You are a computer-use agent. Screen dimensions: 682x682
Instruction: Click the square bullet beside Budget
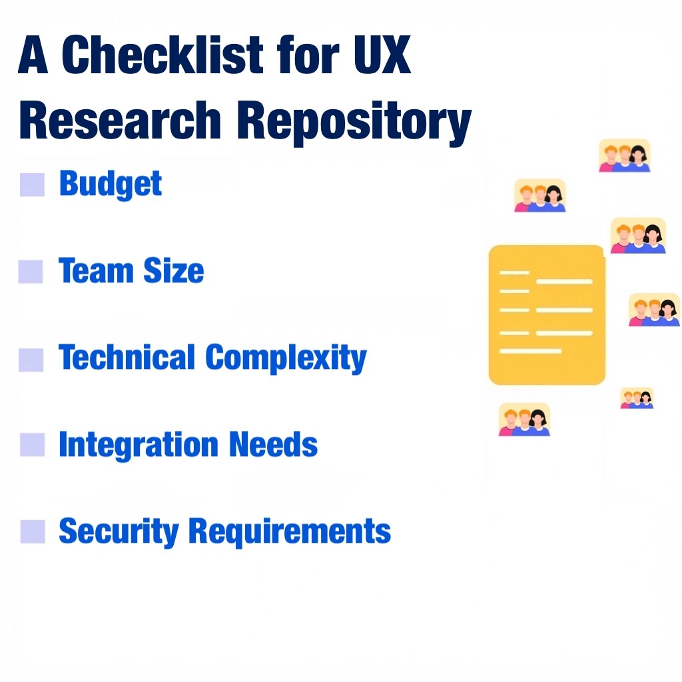pyautogui.click(x=32, y=184)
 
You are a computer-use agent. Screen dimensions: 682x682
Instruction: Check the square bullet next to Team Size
pyautogui.click(x=31, y=272)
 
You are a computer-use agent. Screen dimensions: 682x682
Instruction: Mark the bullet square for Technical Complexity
pyautogui.click(x=31, y=359)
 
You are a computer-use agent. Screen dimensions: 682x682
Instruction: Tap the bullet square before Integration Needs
pyautogui.click(x=32, y=444)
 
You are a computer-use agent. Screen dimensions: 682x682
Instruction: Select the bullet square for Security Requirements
pyautogui.click(x=32, y=531)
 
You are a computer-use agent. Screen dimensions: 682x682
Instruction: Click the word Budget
pyautogui.click(x=111, y=184)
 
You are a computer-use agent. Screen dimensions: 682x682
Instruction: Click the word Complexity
pyautogui.click(x=286, y=359)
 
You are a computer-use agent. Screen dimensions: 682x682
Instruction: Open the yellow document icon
pyautogui.click(x=547, y=314)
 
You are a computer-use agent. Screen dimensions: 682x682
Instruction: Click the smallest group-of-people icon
pyautogui.click(x=637, y=398)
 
